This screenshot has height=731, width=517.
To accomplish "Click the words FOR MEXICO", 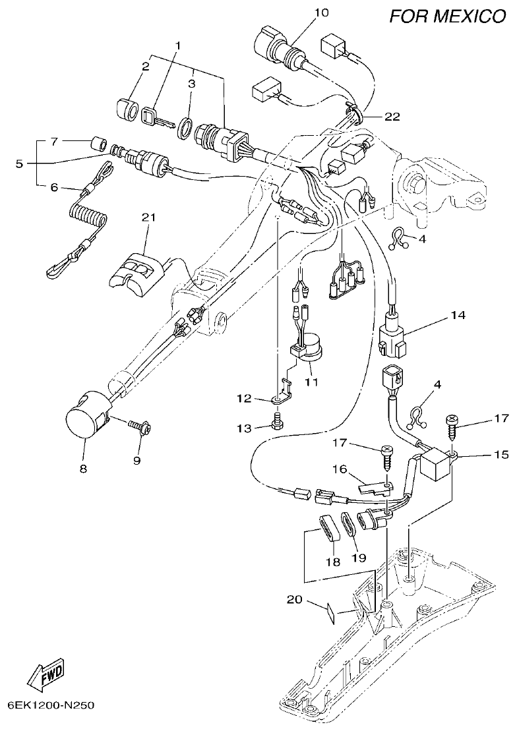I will click(446, 16).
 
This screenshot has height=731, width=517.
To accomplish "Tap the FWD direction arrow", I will click(46, 673).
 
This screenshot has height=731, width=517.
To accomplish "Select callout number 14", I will click(458, 316).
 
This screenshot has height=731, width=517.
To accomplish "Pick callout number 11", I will click(311, 382).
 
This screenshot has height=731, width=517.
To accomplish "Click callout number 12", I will click(245, 398).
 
